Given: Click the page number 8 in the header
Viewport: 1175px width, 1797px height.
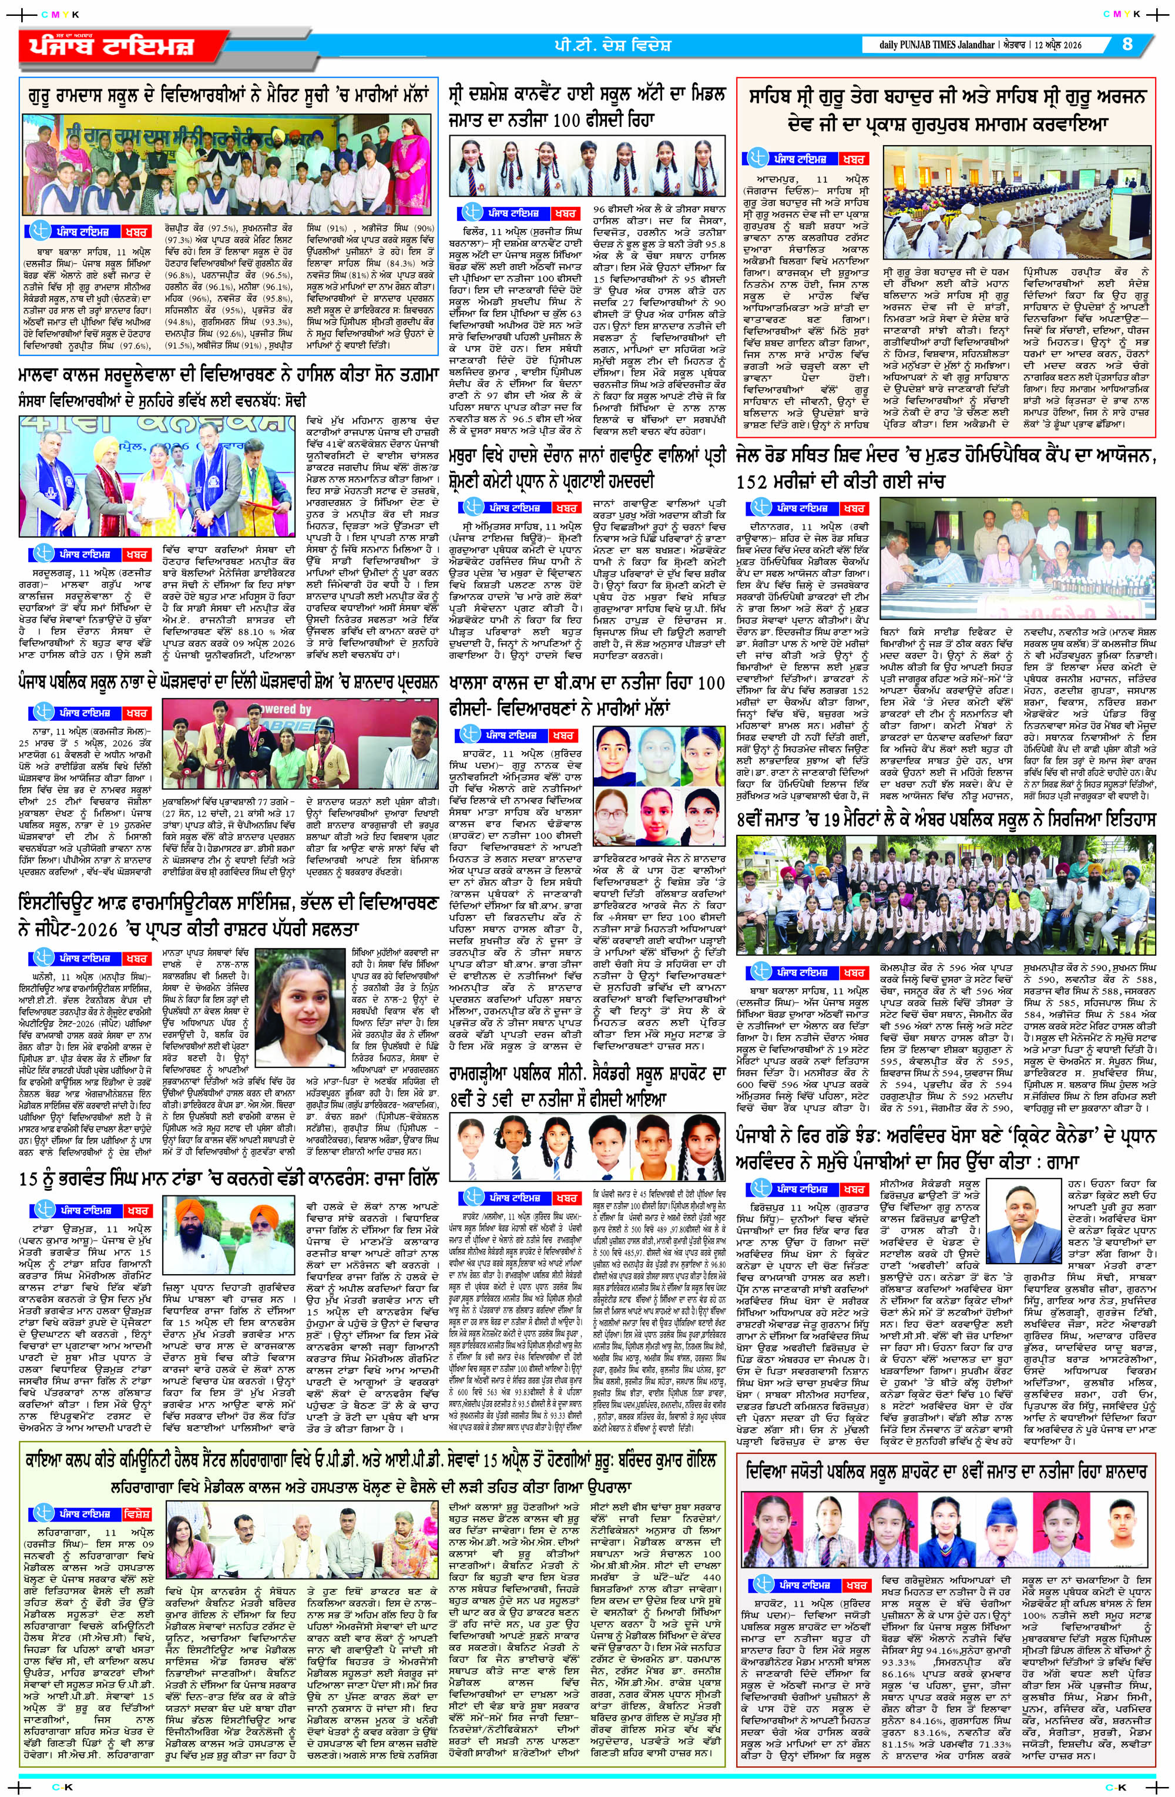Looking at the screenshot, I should [x=1127, y=44].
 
